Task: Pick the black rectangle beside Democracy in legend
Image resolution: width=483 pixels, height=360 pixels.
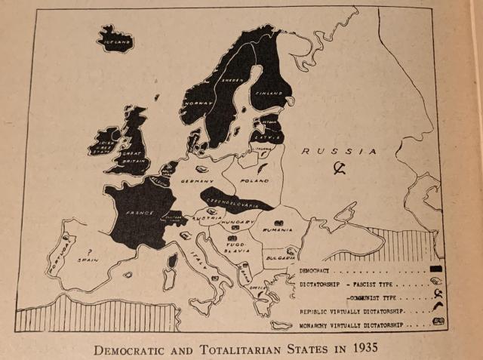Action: [435, 268]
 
